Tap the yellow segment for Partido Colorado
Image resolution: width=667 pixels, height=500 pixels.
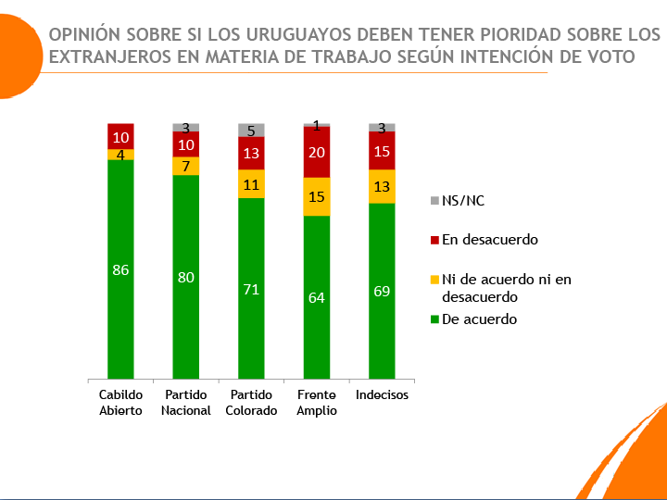click(x=251, y=183)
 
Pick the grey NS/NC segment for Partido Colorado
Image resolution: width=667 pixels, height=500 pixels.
click(x=251, y=130)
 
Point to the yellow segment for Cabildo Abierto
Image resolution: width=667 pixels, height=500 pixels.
click(x=120, y=154)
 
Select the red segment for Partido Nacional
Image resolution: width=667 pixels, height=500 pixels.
click(x=186, y=144)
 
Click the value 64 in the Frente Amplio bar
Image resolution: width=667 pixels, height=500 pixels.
click(x=317, y=296)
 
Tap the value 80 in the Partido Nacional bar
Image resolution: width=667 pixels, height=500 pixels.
click(x=186, y=277)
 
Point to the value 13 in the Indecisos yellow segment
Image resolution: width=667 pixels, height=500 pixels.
click(x=382, y=186)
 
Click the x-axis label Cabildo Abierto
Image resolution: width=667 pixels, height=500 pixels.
click(x=120, y=403)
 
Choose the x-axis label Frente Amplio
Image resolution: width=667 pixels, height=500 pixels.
click(x=317, y=403)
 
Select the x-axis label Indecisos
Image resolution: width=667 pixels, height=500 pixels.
click(x=382, y=395)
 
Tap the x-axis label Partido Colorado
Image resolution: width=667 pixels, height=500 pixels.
click(x=251, y=403)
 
